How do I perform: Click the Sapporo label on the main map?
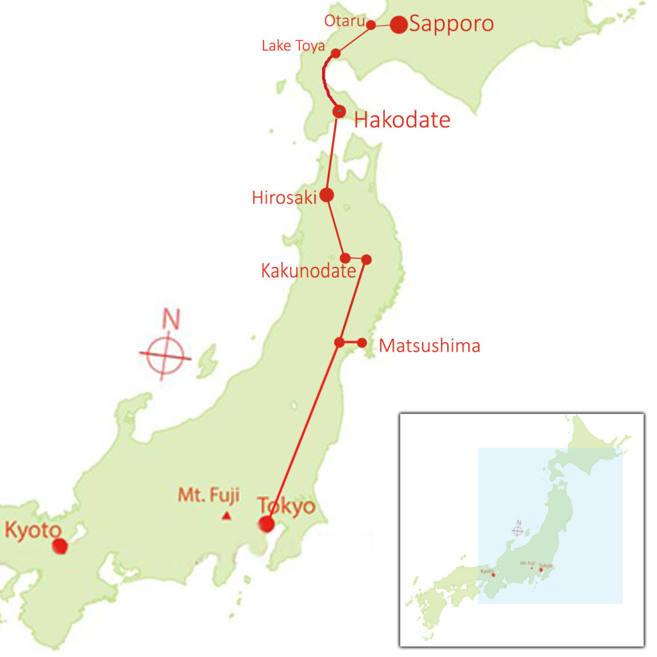(452, 24)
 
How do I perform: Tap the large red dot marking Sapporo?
(398, 24)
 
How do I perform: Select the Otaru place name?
(345, 21)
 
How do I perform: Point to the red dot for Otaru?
(371, 26)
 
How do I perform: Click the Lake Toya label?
(293, 46)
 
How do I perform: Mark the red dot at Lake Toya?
(336, 53)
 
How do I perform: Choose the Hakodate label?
(402, 119)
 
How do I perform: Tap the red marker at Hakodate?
(339, 112)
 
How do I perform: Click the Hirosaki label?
(284, 198)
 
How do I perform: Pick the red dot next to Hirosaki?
(327, 195)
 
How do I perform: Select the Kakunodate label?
(308, 271)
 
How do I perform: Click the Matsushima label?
(429, 346)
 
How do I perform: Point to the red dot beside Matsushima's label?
(362, 343)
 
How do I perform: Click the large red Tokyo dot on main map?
(266, 524)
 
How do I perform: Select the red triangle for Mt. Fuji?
(226, 516)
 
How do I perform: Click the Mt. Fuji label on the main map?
(209, 495)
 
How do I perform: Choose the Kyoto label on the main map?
(33, 531)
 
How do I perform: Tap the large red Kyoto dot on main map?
(60, 547)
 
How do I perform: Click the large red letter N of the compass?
(170, 319)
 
